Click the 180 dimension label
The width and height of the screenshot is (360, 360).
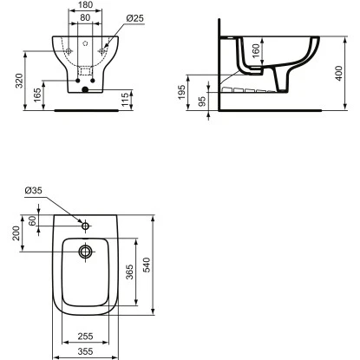86,5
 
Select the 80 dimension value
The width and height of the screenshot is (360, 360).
85,17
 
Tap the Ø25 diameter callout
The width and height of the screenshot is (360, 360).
135,18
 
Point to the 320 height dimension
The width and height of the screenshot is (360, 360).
19,81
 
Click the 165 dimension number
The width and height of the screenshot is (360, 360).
37,95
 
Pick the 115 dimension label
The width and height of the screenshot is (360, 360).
125,100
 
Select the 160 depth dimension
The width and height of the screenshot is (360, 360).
256,51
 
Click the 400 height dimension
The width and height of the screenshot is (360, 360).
339,74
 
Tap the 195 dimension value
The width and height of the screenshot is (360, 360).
181,92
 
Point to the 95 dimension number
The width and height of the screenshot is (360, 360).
202,101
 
